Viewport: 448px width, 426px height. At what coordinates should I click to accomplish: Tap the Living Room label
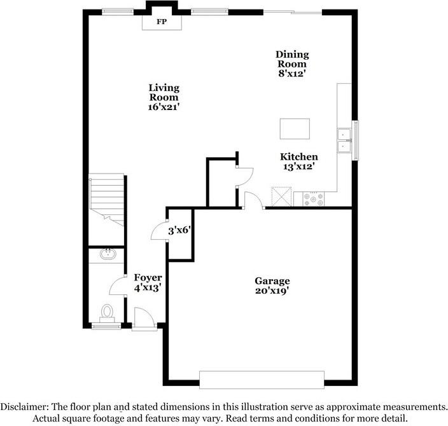pos(164,93)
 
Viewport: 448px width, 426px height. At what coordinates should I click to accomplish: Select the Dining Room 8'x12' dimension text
pos(291,74)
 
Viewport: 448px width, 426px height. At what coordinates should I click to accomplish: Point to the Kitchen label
pos(299,156)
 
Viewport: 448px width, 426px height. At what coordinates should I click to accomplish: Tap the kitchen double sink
pos(344,140)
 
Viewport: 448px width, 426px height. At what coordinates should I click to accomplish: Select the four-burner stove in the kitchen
pos(314,199)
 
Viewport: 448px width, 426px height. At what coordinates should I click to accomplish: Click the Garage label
pos(272,280)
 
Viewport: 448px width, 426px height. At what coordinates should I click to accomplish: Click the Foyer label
pos(148,278)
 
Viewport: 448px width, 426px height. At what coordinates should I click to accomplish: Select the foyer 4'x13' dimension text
pos(148,287)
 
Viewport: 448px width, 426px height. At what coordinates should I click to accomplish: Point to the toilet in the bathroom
pos(107,313)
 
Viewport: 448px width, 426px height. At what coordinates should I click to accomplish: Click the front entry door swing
pos(143,317)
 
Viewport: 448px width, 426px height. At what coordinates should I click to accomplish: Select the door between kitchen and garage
pos(253,198)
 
